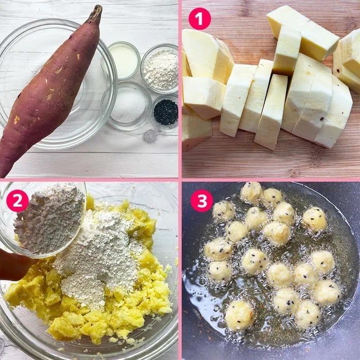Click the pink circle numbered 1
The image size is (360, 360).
pyautogui.click(x=200, y=19)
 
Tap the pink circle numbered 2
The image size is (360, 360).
pyautogui.click(x=17, y=201)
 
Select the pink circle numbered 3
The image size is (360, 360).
pyautogui.click(x=202, y=201)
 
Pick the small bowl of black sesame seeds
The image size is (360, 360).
pyautogui.click(x=166, y=113)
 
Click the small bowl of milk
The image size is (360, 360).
pyautogui.click(x=124, y=60)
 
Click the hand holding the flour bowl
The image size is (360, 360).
pyautogui.click(x=14, y=264)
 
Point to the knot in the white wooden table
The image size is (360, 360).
pyautogui.click(x=150, y=136)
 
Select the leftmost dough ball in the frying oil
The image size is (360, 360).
pyautogui.click(x=218, y=249)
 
